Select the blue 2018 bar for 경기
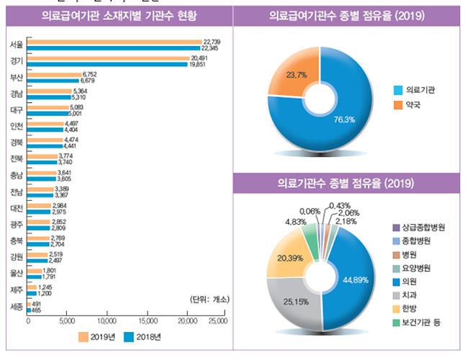(107, 63)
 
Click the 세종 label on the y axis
(16, 307)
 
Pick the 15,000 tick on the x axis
(147, 320)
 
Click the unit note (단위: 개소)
(207, 299)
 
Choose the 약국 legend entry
(412, 105)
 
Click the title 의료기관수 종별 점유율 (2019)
(346, 184)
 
